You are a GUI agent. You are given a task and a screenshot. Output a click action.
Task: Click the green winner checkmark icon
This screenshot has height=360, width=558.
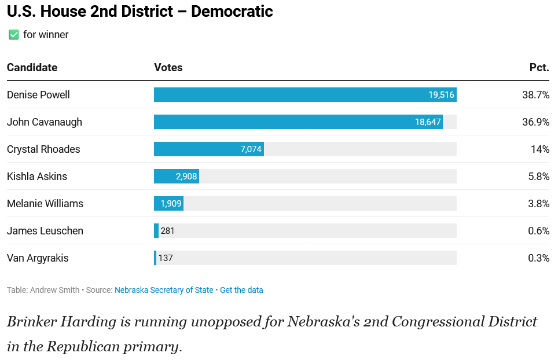13,35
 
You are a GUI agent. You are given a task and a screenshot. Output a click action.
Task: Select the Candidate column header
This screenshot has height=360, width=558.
32,68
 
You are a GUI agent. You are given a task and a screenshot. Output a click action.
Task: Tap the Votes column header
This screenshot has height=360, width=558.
168,68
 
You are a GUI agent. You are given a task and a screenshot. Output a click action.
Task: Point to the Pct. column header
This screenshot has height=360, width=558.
539,68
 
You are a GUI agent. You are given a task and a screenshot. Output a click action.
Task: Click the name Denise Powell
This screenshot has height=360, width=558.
38,95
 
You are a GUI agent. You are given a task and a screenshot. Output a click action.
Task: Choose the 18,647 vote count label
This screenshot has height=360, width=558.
428,122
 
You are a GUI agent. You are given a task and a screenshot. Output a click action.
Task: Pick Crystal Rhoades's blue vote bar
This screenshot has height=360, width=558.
209,149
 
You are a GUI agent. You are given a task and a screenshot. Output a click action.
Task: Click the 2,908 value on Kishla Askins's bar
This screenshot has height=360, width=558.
186,177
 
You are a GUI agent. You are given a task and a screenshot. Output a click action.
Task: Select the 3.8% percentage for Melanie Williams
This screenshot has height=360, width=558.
539,204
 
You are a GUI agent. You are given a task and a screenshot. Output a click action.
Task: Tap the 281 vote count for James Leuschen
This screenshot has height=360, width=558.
167,231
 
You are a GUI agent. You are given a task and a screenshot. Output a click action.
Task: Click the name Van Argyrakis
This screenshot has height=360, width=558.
38,258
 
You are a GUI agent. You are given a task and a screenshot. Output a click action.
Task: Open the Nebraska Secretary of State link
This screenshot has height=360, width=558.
164,290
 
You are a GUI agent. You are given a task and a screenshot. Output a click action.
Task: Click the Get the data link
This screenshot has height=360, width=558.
241,290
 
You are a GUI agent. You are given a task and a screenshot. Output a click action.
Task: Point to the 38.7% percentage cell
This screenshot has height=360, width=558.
536,94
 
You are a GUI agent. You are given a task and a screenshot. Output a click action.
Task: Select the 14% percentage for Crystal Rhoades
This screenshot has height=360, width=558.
540,149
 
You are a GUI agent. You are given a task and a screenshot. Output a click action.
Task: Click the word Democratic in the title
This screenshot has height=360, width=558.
232,12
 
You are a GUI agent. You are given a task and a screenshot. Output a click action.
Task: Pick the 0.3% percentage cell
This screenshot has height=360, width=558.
539,258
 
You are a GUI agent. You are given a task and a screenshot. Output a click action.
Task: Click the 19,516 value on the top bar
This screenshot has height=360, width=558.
441,94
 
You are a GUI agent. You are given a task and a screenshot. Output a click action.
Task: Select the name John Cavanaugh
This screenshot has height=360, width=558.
45,122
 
